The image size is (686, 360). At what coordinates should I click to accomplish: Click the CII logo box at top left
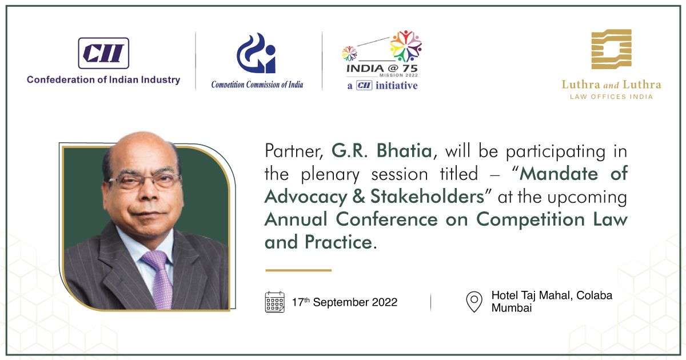pos(103,53)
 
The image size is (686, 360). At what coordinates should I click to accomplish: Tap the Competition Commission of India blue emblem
pos(256,53)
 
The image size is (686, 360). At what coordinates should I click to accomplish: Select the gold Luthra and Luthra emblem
pos(611,49)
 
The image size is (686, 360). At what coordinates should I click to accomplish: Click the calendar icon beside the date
pos(275,302)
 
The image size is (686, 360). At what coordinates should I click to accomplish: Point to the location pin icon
pos(474,302)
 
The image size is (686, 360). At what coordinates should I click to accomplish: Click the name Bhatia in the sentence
pos(404,151)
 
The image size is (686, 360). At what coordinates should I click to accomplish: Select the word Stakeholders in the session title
pos(428,196)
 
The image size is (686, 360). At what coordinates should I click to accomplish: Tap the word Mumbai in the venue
pos(512,307)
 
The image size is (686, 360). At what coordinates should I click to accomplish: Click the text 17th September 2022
pos(345,302)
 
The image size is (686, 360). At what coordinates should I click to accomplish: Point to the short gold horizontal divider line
pos(298,270)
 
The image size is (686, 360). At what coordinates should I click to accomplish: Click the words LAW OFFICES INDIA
pos(611,97)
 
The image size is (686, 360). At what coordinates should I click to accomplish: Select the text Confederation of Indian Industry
pos(103,80)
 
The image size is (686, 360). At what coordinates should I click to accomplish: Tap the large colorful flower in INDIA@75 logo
pos(406,46)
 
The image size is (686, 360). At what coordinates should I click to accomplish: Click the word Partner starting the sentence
pos(294,151)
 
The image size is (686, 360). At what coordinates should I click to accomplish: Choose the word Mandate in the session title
pos(559,174)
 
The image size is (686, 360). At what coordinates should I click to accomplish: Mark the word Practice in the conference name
pos(338,242)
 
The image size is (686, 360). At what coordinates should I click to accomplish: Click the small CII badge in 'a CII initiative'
pos(364,85)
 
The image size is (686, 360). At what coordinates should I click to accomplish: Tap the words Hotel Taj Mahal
pos(532,295)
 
